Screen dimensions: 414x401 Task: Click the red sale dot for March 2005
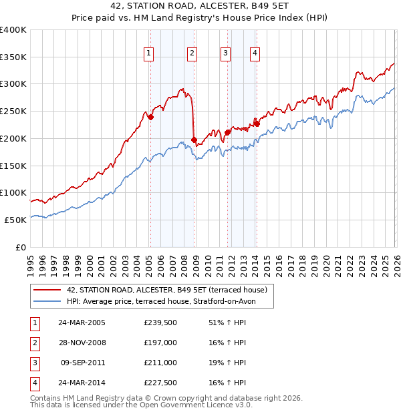click(150, 117)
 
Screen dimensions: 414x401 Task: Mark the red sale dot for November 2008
click(194, 140)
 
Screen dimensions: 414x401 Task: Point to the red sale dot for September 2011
click(227, 132)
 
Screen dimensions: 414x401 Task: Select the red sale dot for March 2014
click(257, 124)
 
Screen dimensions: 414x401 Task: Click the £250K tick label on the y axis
click(13, 112)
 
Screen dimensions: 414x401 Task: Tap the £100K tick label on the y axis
click(13, 192)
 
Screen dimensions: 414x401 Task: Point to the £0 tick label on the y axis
click(20, 246)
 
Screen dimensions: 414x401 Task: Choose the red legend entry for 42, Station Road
click(166, 290)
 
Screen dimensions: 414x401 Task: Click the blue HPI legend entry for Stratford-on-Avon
click(170, 301)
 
